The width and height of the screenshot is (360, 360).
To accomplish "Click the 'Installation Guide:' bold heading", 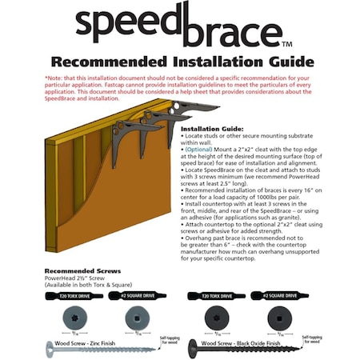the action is pyautogui.click(x=212, y=128).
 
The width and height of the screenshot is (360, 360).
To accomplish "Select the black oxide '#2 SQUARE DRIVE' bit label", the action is pyautogui.click(x=278, y=295).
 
